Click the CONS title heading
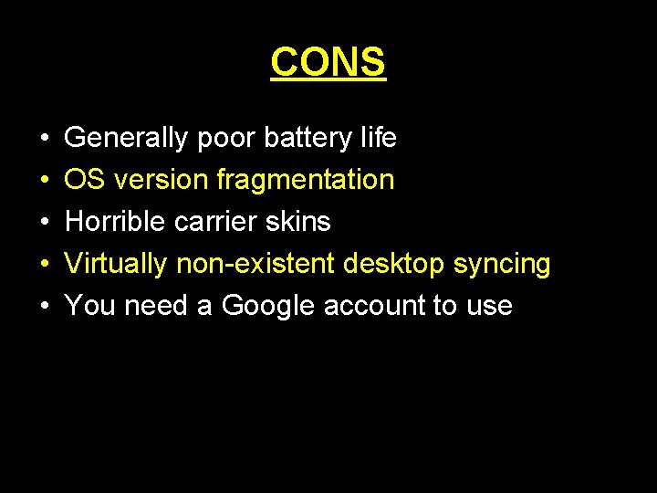coord(328,62)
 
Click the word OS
coord(84,180)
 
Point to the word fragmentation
coord(306,180)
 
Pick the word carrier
coord(222,222)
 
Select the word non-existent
coord(256,264)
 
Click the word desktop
coord(395,264)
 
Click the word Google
coord(270,306)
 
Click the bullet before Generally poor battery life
coord(44,139)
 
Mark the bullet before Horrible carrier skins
coord(44,223)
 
